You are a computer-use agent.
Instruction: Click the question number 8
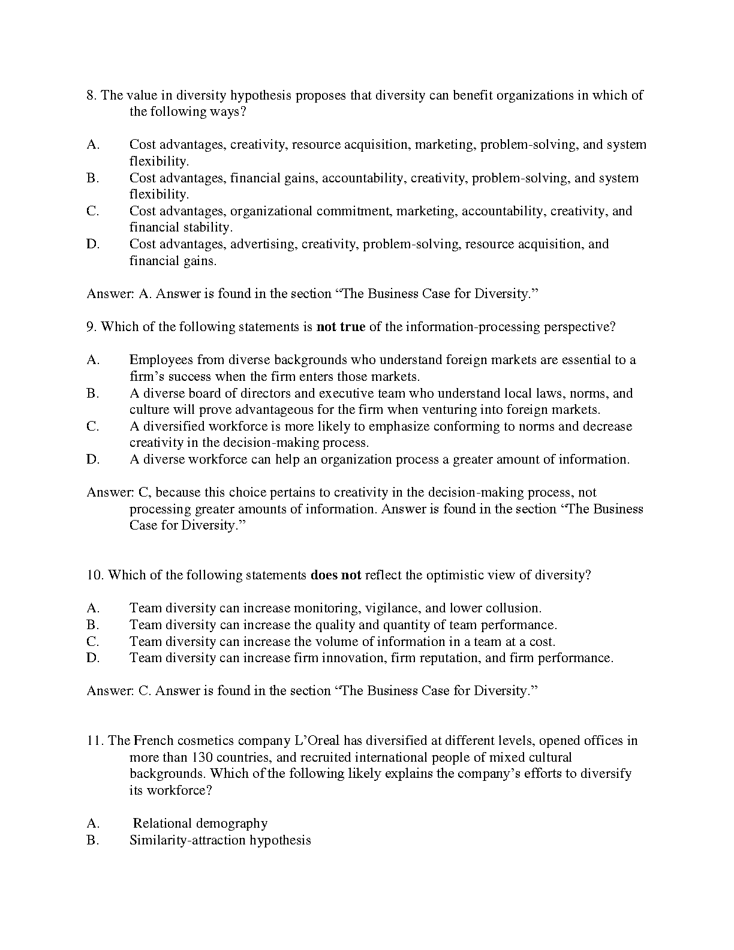92,95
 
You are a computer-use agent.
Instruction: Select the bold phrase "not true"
341,327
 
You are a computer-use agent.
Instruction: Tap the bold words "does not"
336,575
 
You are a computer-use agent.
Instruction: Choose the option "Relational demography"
200,823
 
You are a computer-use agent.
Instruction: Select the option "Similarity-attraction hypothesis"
220,840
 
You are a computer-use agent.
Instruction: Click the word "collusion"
512,608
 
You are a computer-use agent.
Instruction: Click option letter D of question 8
92,244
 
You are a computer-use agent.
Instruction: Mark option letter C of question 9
92,426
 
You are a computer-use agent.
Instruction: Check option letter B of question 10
92,625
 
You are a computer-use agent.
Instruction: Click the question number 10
95,575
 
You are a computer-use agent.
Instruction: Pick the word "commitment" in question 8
353,211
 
